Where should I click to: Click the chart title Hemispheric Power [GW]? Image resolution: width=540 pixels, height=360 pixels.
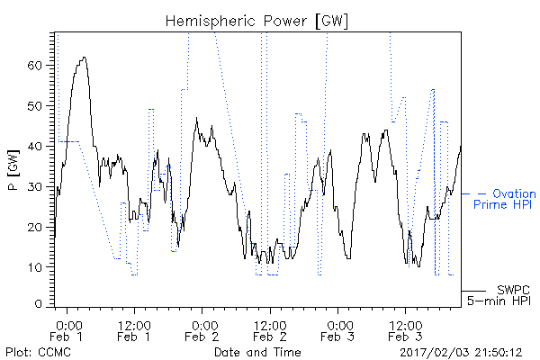[256, 22]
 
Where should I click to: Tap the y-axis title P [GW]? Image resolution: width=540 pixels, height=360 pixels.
[13, 170]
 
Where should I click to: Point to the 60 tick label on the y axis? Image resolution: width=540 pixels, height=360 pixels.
[35, 65]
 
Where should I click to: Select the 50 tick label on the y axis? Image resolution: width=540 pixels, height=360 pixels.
[35, 106]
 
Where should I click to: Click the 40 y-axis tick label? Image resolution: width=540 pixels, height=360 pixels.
[35, 146]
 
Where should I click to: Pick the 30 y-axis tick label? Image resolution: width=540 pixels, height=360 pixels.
[35, 186]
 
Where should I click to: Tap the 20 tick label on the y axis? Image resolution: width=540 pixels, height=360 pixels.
[35, 227]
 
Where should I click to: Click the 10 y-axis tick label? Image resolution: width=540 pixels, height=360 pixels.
[35, 267]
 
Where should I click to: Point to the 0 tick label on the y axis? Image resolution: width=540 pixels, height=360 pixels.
[39, 304]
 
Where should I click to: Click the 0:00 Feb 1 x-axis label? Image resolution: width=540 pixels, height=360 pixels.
[67, 330]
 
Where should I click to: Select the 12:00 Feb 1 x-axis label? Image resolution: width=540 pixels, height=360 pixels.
[134, 330]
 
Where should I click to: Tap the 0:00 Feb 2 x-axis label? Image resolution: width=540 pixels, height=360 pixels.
[202, 330]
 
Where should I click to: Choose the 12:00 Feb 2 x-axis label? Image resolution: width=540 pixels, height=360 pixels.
[270, 330]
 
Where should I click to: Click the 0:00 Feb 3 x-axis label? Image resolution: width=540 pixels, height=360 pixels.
[337, 330]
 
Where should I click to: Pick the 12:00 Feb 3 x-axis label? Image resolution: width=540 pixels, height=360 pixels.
[405, 330]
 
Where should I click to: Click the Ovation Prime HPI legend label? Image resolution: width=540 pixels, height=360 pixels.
[505, 199]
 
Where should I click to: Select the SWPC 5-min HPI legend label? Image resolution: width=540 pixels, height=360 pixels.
[499, 295]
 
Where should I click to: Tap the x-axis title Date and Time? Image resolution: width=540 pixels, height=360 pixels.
[257, 352]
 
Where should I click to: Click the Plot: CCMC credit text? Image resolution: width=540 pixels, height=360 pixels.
[38, 352]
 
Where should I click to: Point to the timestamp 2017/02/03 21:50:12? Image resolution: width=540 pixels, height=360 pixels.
[461, 353]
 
